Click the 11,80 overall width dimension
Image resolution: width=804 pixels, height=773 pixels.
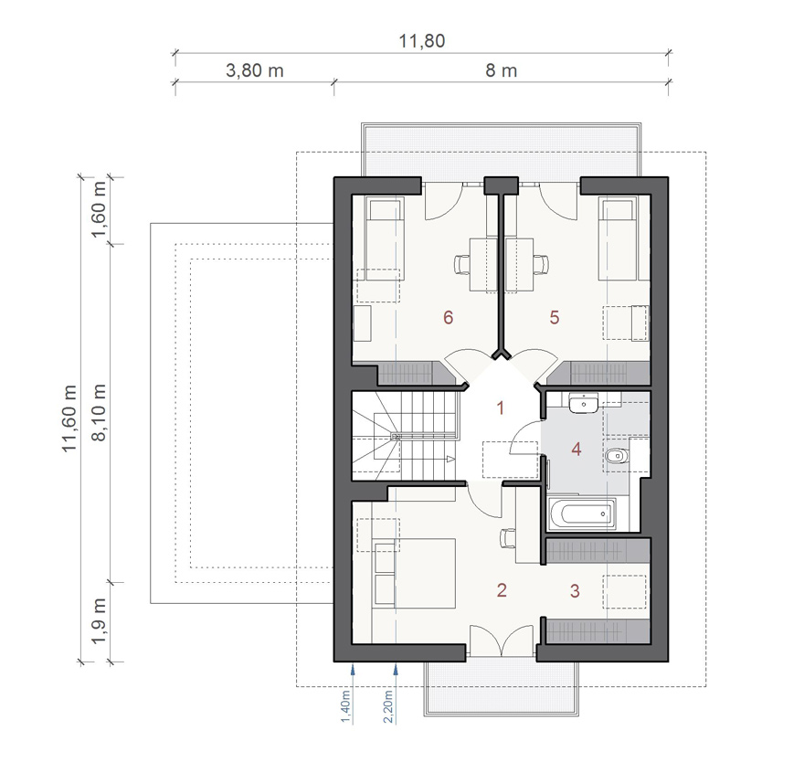pyautogui.click(x=421, y=41)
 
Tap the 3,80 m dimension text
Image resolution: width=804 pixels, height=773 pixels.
pyautogui.click(x=255, y=70)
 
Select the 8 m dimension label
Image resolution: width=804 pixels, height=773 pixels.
pyautogui.click(x=501, y=70)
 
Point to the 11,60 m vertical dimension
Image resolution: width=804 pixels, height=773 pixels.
pyautogui.click(x=69, y=418)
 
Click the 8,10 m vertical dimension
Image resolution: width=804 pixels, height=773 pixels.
pyautogui.click(x=99, y=412)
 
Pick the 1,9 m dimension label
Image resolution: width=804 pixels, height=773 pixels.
pyautogui.click(x=99, y=620)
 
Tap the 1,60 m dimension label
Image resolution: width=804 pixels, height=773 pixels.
pyautogui.click(x=99, y=210)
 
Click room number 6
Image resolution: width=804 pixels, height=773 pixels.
pyautogui.click(x=449, y=317)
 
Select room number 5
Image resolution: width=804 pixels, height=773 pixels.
pyautogui.click(x=555, y=317)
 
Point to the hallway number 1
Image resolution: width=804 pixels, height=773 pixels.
pyautogui.click(x=501, y=408)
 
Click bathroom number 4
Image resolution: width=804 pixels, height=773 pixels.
pyautogui.click(x=577, y=450)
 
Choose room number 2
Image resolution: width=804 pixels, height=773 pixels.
pyautogui.click(x=502, y=590)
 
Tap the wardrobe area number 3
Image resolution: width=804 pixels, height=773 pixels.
pyautogui.click(x=575, y=591)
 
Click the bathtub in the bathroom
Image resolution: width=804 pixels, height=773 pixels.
pyautogui.click(x=582, y=514)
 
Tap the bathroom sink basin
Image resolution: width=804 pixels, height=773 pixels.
pyautogui.click(x=583, y=403)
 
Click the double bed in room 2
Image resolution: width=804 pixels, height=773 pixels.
pyautogui.click(x=414, y=573)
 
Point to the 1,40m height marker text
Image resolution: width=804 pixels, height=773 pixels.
pyautogui.click(x=345, y=707)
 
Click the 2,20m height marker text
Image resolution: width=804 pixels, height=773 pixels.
pyautogui.click(x=388, y=706)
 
